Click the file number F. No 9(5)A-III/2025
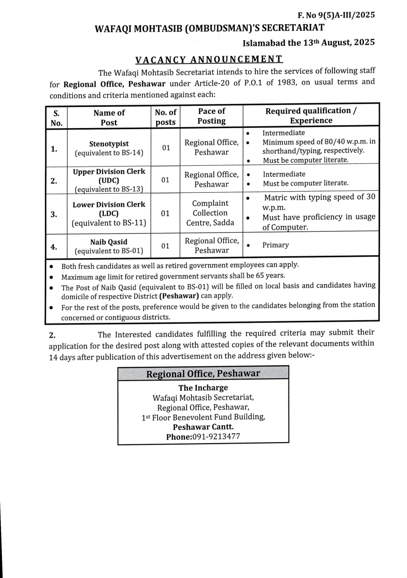click(x=336, y=15)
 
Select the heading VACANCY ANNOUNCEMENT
click(x=209, y=60)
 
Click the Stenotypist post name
click(x=109, y=144)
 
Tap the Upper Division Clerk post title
click(x=109, y=171)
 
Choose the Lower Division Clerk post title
click(x=109, y=205)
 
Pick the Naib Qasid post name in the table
click(x=109, y=242)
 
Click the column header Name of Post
click(x=109, y=118)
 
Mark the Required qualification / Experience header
click(x=311, y=116)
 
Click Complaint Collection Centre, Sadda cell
click(x=210, y=213)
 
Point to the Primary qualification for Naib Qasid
click(x=275, y=245)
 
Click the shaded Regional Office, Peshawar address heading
click(x=203, y=374)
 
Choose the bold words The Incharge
click(x=203, y=388)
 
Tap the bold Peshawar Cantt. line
click(x=203, y=427)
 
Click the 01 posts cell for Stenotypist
click(x=166, y=147)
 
